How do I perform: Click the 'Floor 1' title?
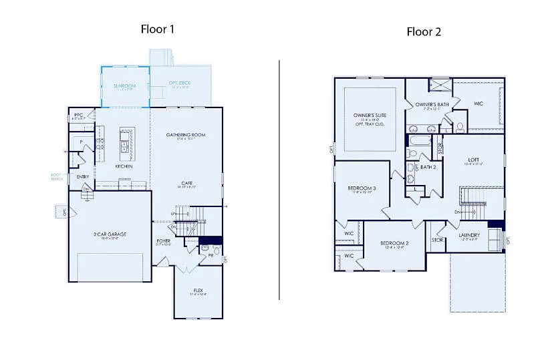click(x=158, y=29)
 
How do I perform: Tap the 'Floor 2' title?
click(x=424, y=31)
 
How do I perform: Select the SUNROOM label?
click(x=124, y=86)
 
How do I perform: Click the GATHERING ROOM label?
click(x=186, y=135)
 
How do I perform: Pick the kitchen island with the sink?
click(x=125, y=140)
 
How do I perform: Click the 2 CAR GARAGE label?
click(x=110, y=234)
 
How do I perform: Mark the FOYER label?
click(x=164, y=240)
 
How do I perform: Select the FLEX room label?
click(x=198, y=290)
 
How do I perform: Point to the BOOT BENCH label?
click(x=57, y=177)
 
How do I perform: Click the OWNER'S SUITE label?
click(x=370, y=115)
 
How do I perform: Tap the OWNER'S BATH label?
click(x=432, y=105)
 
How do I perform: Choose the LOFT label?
click(x=473, y=160)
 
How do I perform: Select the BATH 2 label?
click(x=428, y=167)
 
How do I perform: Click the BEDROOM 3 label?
click(x=362, y=188)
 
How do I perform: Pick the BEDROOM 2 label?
click(x=394, y=243)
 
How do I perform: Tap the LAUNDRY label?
click(x=469, y=235)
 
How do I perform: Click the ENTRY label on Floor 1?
click(x=83, y=177)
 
